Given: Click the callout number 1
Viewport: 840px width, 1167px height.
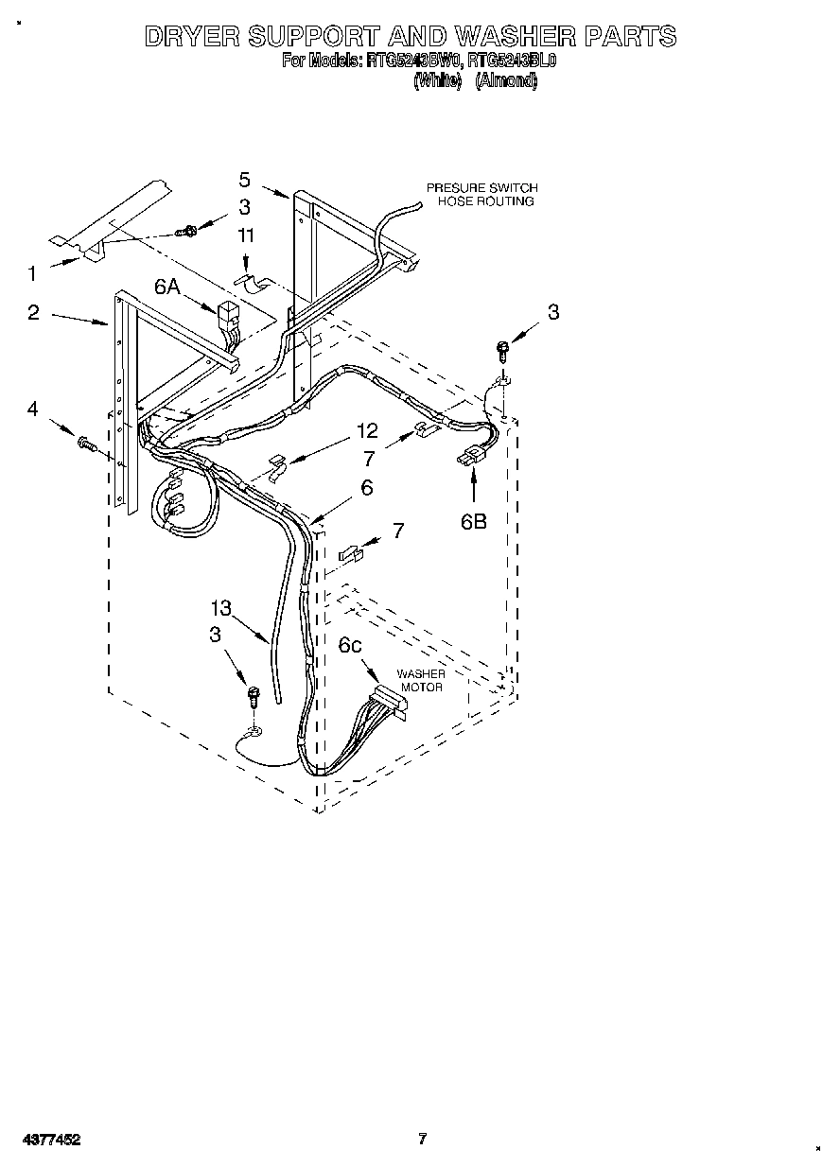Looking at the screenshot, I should coord(32,274).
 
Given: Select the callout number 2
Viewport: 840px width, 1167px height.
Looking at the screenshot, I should coord(33,312).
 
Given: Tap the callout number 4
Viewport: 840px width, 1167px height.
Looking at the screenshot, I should coord(33,409).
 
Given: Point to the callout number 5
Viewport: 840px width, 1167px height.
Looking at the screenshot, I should coord(244,180).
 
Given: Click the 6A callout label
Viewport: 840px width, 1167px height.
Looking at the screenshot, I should coord(167,287).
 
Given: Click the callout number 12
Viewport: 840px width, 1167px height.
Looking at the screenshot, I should coord(366,432).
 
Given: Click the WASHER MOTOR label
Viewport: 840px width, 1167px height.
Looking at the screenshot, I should coord(420,681).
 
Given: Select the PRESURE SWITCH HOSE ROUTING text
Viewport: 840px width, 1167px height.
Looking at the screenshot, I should coord(481,195).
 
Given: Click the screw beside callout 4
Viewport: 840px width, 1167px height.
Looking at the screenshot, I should coord(86,442).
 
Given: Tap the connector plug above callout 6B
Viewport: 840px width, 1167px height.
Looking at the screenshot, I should coord(467,460).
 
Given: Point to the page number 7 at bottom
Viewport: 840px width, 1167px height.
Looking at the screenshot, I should coord(422,1139).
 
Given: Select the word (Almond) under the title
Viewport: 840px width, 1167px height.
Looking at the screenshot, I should coord(506,81).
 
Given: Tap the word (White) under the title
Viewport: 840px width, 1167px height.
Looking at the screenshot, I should coord(437,81).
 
